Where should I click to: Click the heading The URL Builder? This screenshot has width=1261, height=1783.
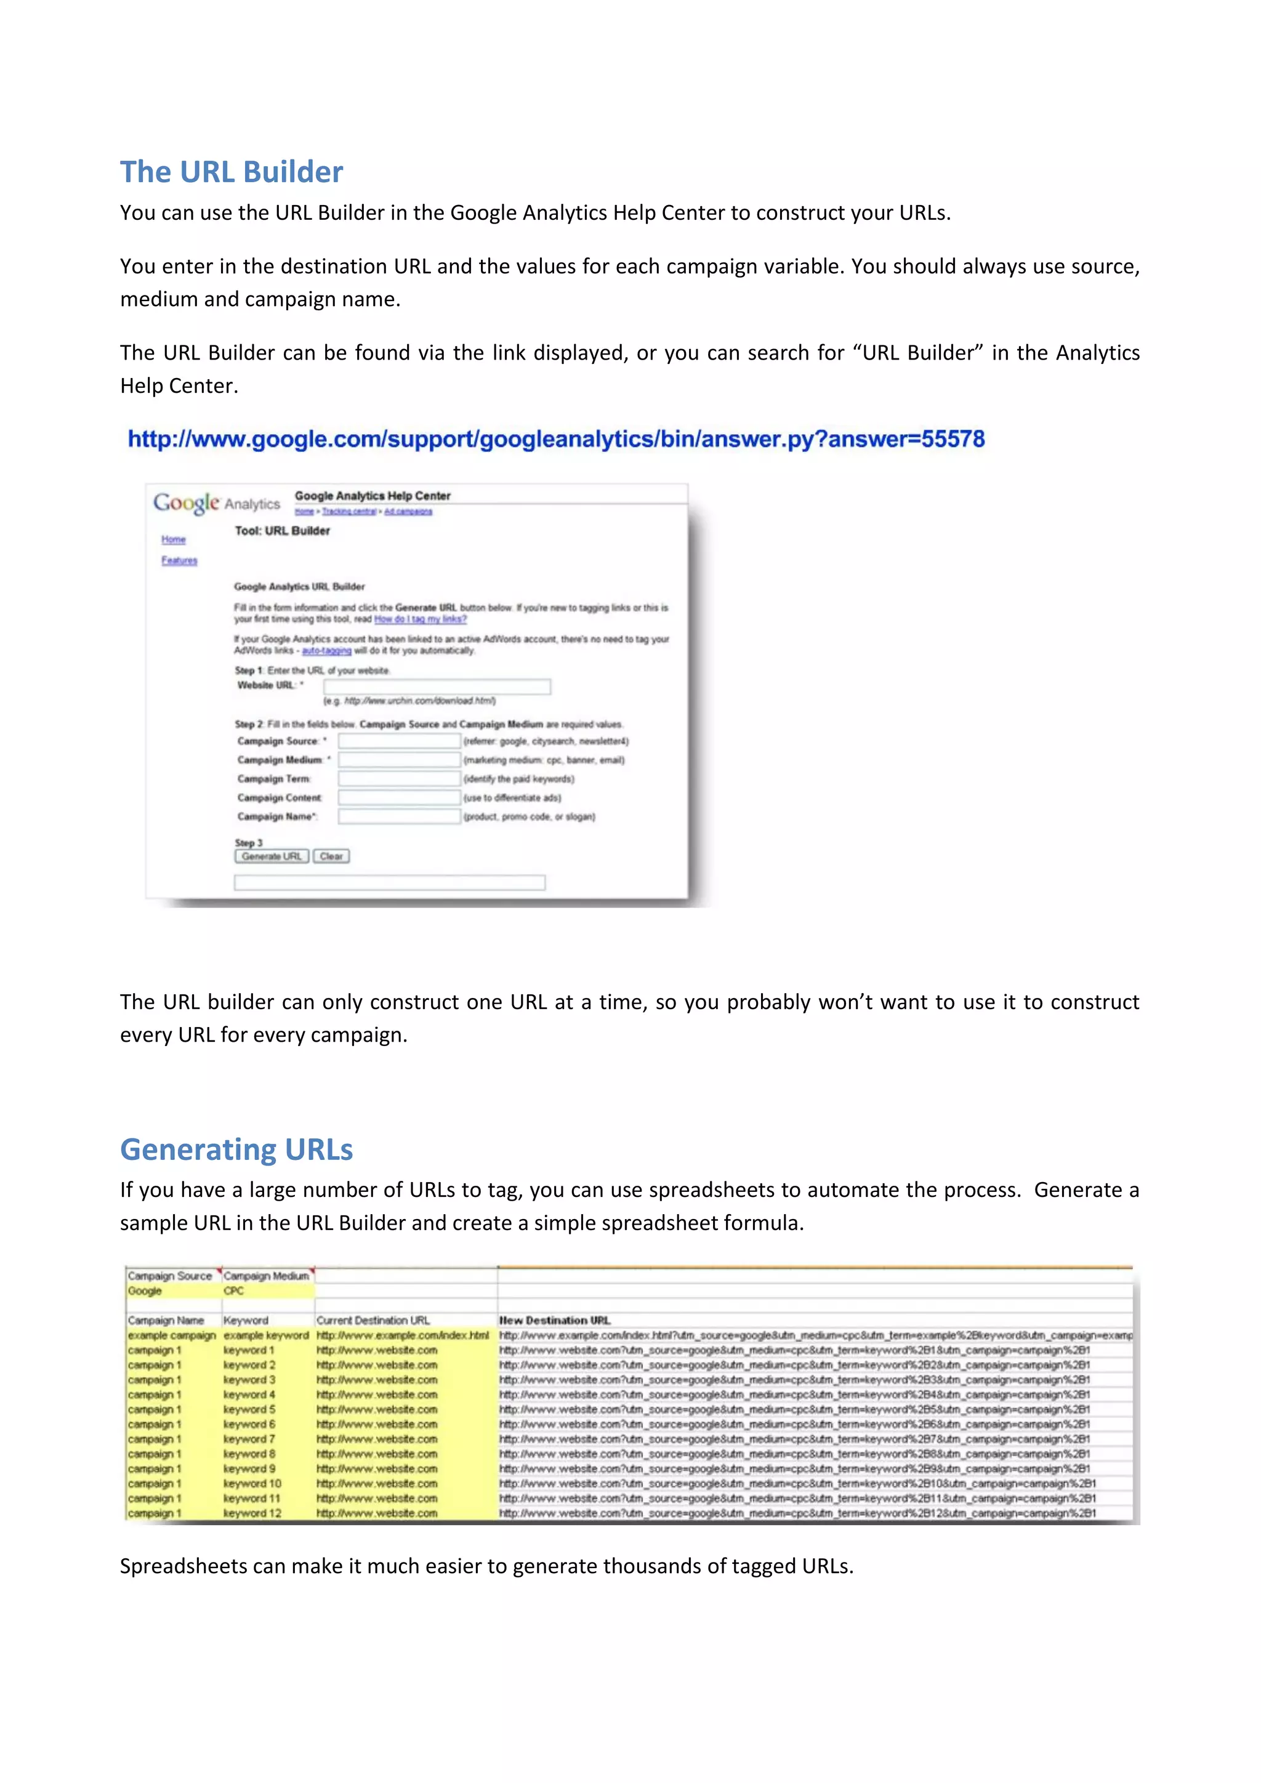tap(232, 172)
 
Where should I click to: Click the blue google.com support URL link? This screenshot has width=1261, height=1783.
tap(556, 440)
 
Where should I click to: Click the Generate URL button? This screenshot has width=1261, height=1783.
tap(271, 856)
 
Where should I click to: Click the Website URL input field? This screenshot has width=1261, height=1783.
tap(437, 686)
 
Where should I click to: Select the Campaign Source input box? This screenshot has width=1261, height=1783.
tap(399, 741)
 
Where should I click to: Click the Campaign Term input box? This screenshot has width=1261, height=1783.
tap(399, 778)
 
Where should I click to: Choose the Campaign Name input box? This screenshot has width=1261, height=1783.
tap(399, 816)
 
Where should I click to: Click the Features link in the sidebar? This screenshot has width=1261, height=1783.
tap(179, 561)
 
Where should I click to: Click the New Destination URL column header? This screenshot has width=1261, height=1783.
tap(554, 1320)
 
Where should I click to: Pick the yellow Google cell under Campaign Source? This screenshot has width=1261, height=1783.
tap(145, 1290)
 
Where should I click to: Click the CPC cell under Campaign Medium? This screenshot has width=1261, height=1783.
tap(234, 1290)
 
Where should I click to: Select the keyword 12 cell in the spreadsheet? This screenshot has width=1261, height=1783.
tap(252, 1513)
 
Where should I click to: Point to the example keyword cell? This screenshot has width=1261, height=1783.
tap(265, 1335)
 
